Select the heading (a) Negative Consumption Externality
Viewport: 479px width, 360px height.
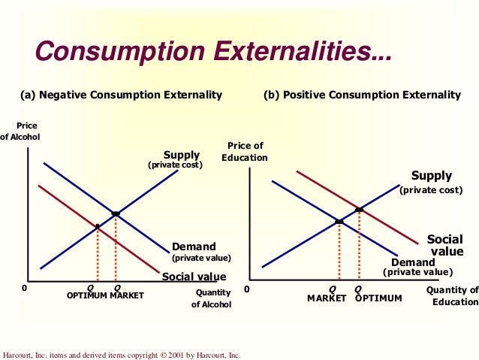pos(121,95)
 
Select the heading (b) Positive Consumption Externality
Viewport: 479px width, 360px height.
pos(362,95)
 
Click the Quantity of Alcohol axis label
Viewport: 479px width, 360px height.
pos(212,298)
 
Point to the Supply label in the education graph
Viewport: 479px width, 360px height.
pos(431,176)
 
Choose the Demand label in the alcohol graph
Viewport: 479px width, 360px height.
pos(194,247)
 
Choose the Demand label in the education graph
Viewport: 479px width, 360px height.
pos(413,262)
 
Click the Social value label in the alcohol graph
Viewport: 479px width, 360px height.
pos(194,277)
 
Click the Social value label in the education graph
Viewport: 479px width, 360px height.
pos(445,245)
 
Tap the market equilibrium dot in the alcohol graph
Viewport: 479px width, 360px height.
pos(116,214)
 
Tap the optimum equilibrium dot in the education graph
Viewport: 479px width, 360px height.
pos(359,209)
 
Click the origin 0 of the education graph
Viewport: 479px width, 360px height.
pos(247,289)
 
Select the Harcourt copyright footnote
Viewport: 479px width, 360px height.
pos(122,354)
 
